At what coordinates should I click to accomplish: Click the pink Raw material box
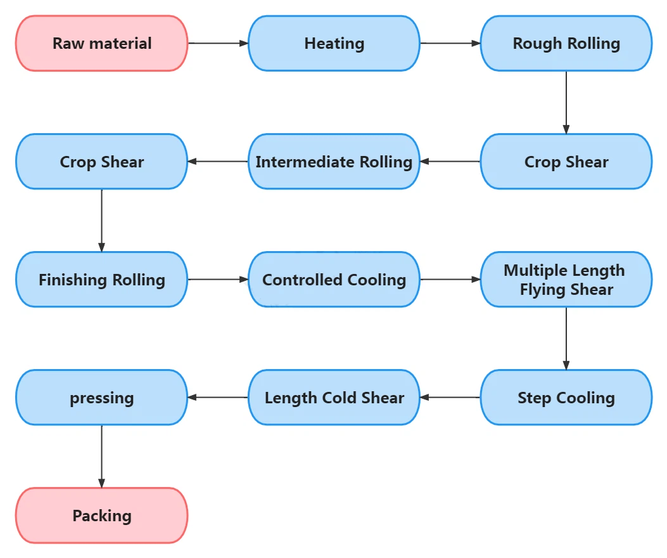[102, 44]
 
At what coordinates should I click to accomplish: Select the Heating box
[334, 44]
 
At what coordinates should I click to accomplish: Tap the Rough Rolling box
[566, 44]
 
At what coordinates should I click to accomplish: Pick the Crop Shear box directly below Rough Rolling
[566, 162]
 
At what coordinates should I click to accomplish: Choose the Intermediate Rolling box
[334, 162]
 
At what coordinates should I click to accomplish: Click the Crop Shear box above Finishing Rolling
[102, 162]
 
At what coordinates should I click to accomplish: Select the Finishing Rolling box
[102, 280]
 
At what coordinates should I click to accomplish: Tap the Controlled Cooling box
[334, 280]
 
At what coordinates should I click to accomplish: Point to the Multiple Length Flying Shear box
[566, 280]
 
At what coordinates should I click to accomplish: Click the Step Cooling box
[566, 398]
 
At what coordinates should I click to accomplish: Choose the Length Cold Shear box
[334, 398]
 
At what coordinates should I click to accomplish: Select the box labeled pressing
[102, 398]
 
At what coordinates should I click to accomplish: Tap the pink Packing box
[102, 516]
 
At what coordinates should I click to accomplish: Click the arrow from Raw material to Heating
[219, 43]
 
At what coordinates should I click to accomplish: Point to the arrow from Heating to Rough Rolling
[450, 43]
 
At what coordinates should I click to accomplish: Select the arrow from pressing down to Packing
[102, 456]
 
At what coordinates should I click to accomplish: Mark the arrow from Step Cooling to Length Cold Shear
[450, 398]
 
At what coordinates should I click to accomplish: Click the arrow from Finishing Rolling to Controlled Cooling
[219, 280]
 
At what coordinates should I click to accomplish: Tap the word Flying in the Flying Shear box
[543, 290]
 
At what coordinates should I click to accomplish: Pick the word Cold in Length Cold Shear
[340, 398]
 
